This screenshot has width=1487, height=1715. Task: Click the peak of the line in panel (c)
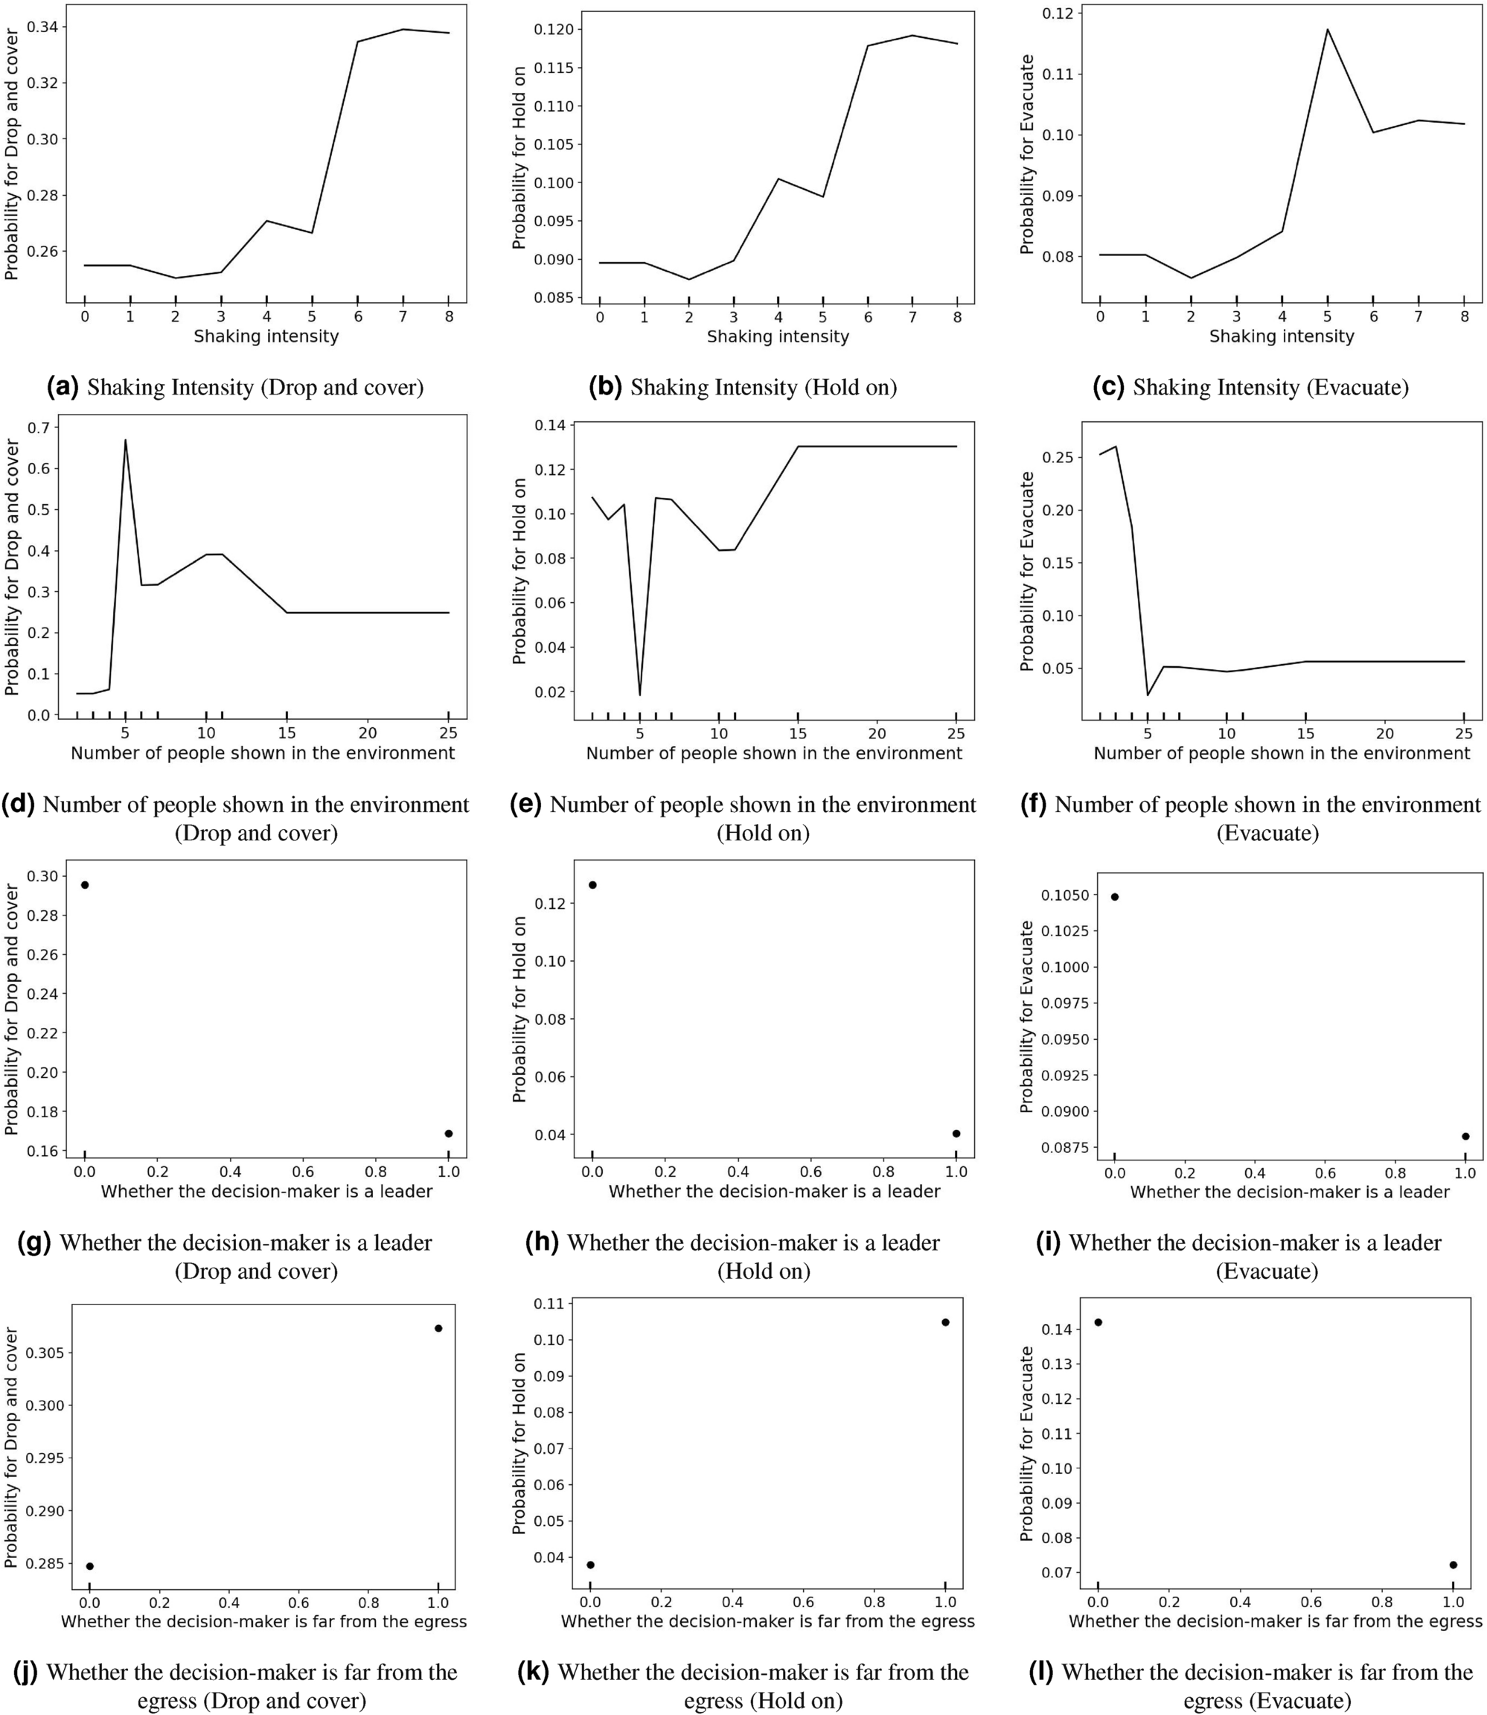tap(1327, 30)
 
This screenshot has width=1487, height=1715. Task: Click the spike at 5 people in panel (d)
tap(125, 440)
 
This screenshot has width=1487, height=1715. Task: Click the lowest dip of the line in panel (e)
tap(640, 695)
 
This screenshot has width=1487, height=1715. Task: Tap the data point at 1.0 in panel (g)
tap(449, 1134)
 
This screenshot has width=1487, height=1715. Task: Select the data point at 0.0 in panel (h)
tap(592, 885)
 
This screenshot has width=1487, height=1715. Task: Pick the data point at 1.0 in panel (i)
tap(1465, 1137)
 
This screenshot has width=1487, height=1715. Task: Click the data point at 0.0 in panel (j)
tap(89, 1566)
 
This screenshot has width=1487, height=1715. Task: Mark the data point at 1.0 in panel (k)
tap(945, 1323)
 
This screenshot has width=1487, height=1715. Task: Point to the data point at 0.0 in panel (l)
tap(1098, 1323)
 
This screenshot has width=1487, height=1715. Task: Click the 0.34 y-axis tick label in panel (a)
tap(42, 28)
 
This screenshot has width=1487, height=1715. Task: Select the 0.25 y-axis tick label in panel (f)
tap(1055, 457)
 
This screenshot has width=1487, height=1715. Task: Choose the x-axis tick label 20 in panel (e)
tap(876, 733)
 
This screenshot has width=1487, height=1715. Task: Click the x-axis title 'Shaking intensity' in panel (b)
tap(778, 337)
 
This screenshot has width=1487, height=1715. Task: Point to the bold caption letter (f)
tap(1033, 804)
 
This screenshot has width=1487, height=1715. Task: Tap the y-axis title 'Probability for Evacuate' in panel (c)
tap(1027, 154)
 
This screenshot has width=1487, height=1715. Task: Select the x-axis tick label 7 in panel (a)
tap(403, 316)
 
